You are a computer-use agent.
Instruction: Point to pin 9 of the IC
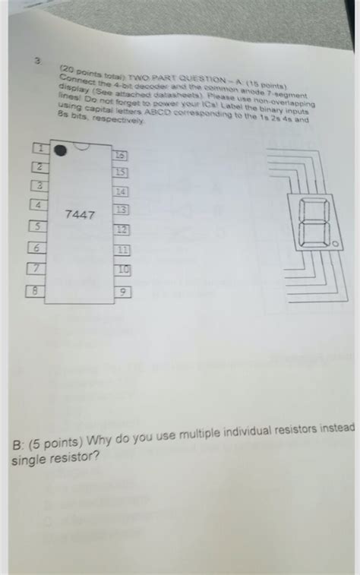[x=122, y=291]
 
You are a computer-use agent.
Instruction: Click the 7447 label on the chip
[x=80, y=215]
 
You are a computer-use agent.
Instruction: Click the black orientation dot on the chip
[x=60, y=153]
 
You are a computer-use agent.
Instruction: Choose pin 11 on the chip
[x=122, y=250]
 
